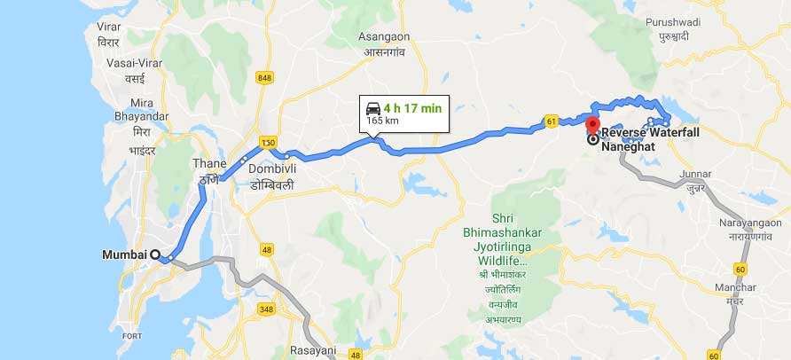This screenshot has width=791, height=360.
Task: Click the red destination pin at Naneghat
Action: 593,124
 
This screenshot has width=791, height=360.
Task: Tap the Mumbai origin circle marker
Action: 155,255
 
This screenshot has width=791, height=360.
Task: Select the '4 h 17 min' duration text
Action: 413,108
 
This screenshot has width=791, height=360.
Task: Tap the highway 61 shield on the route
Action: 551,121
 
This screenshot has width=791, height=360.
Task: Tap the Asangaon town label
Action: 384,36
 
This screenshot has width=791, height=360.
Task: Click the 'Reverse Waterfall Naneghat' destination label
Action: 650,139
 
